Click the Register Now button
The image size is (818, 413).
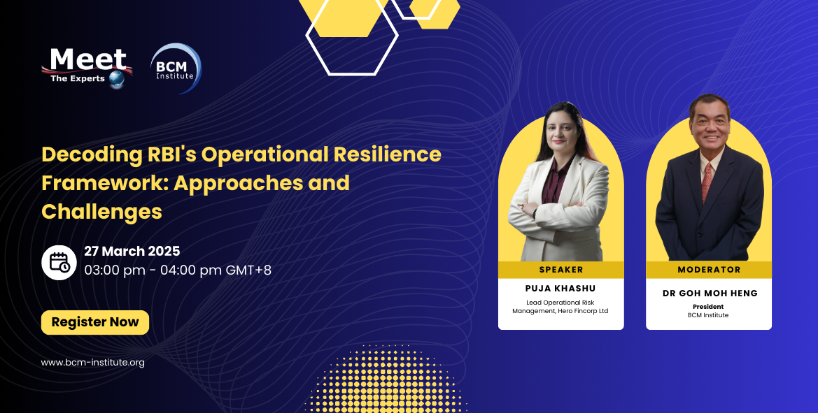[95, 322]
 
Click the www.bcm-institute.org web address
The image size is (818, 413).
[93, 362]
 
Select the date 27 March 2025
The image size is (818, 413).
[132, 251]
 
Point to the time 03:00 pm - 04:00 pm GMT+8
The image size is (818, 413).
[178, 269]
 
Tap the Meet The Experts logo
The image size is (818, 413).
[86, 67]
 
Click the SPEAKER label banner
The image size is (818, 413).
[561, 269]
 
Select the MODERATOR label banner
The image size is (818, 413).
[709, 269]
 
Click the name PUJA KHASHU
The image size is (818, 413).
[561, 288]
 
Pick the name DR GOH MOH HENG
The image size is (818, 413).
[710, 294]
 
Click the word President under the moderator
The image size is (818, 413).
[708, 306]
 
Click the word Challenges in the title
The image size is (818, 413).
[102, 210]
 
